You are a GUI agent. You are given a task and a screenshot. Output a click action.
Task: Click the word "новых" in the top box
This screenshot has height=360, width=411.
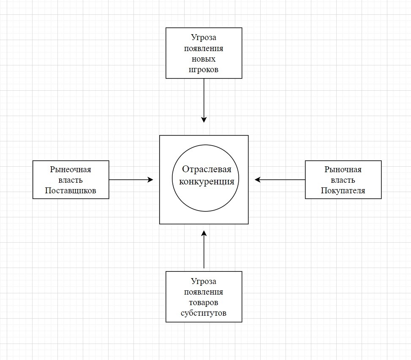click(x=204, y=59)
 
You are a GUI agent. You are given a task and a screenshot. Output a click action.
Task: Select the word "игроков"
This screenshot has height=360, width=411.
click(x=204, y=70)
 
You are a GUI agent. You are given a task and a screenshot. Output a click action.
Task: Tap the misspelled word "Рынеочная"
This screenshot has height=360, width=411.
click(x=71, y=170)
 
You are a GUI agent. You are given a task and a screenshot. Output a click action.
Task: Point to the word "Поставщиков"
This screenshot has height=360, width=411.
click(x=71, y=191)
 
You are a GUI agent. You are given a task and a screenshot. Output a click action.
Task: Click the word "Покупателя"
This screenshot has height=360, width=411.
click(x=343, y=191)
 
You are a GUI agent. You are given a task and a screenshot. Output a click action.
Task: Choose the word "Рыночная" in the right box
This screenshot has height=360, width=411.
click(x=343, y=170)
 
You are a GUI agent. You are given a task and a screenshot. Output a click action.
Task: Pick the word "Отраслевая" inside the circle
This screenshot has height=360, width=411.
click(x=207, y=170)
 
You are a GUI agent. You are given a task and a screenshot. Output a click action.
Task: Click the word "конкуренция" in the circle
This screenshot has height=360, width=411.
click(x=207, y=182)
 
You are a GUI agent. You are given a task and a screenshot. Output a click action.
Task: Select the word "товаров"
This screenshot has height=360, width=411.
click(x=204, y=303)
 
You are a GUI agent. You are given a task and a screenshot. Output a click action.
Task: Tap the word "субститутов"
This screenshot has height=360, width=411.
click(x=204, y=313)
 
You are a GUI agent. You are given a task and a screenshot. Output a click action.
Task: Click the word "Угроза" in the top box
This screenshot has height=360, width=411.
click(x=204, y=38)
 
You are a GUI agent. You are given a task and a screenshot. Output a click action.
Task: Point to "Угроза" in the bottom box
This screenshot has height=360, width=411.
click(x=204, y=282)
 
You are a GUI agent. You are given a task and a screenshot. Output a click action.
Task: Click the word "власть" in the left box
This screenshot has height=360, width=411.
click(x=71, y=180)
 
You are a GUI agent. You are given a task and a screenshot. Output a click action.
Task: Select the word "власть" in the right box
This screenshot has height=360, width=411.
click(x=343, y=180)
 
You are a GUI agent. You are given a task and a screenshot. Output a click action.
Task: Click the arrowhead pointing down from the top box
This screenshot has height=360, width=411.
click(x=204, y=119)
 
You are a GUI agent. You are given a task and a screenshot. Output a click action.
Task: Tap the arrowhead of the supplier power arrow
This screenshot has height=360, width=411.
click(x=150, y=180)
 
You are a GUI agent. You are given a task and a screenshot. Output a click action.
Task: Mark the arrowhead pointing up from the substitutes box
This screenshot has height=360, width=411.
click(x=204, y=233)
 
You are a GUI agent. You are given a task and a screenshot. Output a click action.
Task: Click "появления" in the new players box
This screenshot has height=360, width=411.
click(x=204, y=49)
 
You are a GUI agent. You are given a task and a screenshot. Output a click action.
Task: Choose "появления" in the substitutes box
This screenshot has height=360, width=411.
click(x=204, y=292)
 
